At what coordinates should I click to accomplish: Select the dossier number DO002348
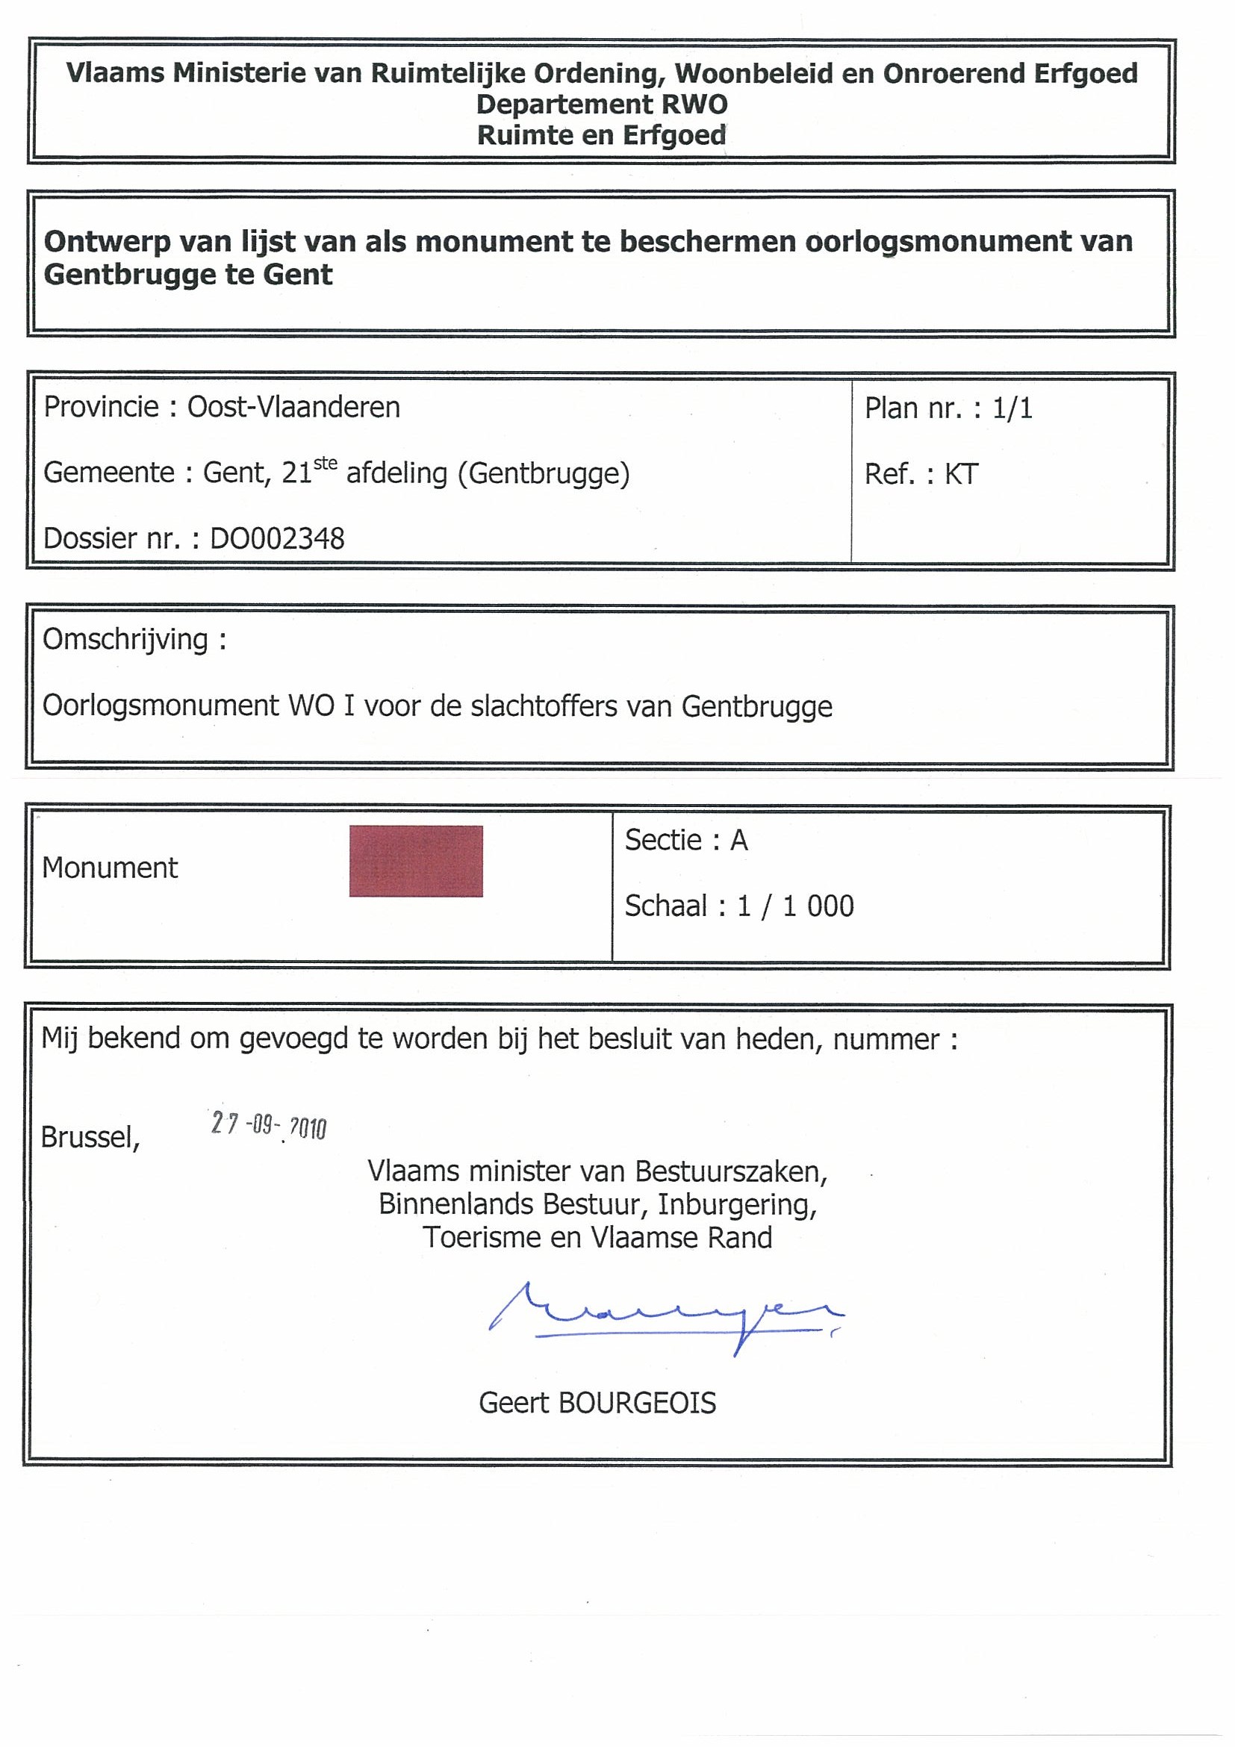pos(277,539)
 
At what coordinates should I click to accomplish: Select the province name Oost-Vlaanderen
pos(293,407)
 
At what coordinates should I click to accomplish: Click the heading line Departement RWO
pos(602,105)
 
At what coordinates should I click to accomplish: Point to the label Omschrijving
pos(125,639)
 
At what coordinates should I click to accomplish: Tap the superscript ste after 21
pos(325,463)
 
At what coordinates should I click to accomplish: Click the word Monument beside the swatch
pos(110,868)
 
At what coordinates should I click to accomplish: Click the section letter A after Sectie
pos(739,840)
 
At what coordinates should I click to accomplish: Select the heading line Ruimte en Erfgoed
pos(601,135)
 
